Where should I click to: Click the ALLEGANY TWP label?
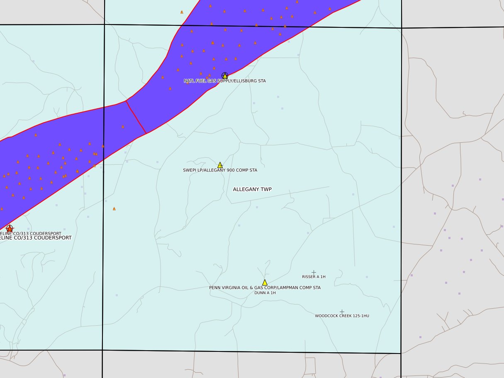click(252, 189)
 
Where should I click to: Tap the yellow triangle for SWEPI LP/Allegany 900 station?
click(220, 165)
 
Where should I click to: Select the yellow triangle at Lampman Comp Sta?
click(265, 283)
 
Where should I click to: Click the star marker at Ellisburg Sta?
click(225, 76)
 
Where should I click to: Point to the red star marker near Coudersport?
click(10, 228)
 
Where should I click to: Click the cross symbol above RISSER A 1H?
click(314, 272)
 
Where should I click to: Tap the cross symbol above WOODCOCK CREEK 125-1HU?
click(342, 312)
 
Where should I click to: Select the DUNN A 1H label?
click(265, 293)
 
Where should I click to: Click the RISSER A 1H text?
click(314, 277)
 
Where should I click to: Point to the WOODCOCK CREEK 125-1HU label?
click(342, 316)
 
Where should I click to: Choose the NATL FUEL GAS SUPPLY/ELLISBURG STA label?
click(225, 81)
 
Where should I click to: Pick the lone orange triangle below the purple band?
click(114, 209)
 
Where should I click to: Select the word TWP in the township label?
click(266, 189)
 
